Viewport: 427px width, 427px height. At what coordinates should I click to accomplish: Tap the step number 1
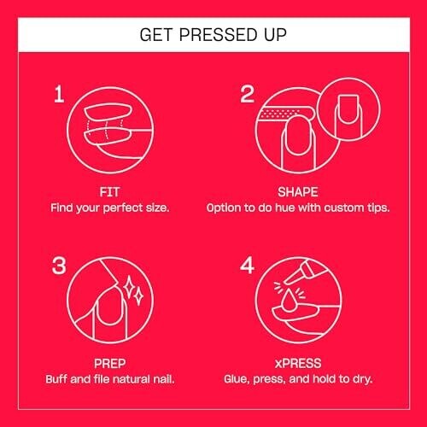(59, 94)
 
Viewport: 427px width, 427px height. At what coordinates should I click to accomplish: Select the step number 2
(247, 94)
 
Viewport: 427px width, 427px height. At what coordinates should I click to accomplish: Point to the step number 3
(59, 266)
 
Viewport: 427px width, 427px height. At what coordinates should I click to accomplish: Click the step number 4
(247, 266)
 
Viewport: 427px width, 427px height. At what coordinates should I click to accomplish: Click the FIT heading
(109, 192)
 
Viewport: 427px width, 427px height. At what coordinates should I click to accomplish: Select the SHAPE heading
(298, 192)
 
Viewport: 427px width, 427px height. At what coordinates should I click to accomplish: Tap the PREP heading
(109, 364)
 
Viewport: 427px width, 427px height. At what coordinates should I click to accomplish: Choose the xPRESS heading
(298, 364)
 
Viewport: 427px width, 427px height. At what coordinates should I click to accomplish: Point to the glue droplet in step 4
(289, 301)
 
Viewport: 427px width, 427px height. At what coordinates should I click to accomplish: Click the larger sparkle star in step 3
(129, 286)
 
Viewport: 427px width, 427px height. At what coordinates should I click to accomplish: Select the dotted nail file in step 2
(284, 114)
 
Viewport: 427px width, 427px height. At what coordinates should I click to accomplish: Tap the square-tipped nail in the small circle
(348, 109)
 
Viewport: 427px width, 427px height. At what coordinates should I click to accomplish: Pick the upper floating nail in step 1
(108, 113)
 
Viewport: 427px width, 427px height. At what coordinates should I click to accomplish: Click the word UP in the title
(275, 35)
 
